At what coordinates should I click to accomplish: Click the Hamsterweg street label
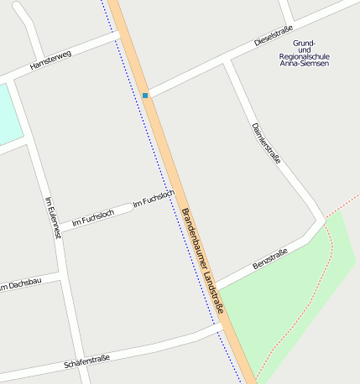click(x=50, y=60)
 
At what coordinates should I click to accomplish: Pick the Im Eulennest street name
click(x=53, y=218)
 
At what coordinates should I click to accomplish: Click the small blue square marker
click(x=145, y=96)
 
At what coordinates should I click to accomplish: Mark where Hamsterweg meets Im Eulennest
click(x=14, y=78)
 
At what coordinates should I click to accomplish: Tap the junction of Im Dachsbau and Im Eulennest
click(x=62, y=275)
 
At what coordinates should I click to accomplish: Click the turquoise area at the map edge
click(x=8, y=113)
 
